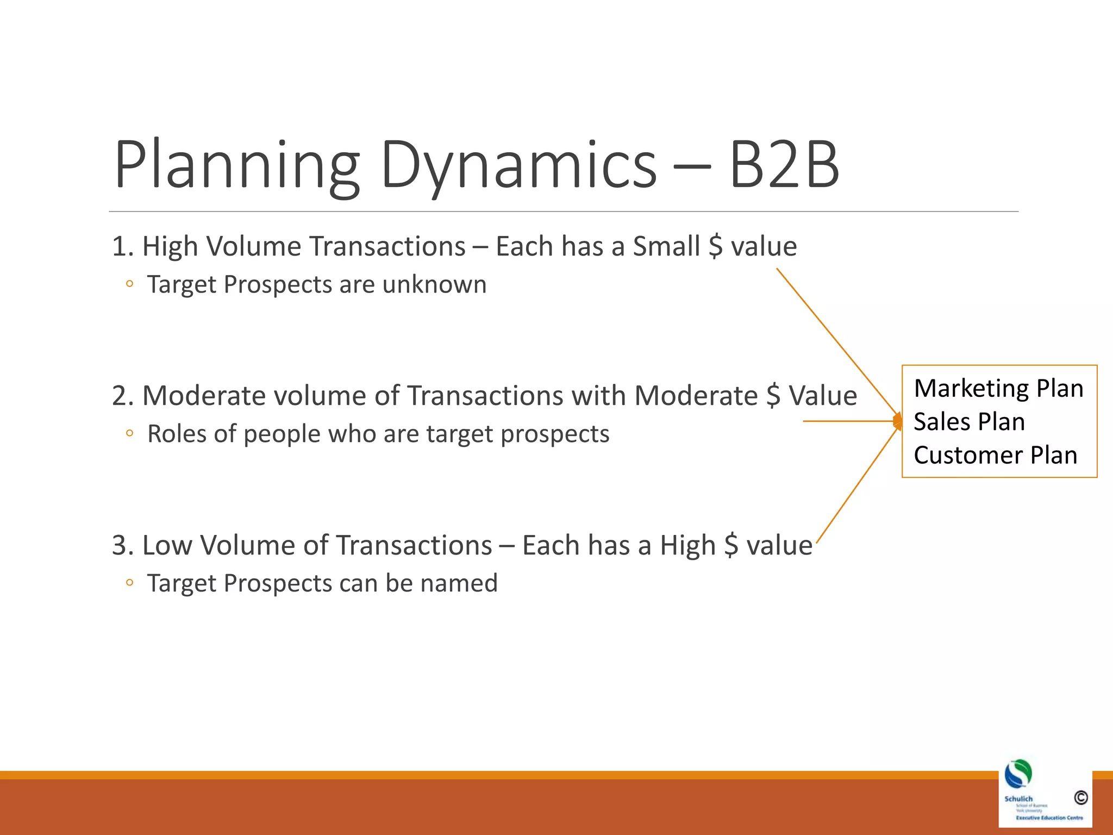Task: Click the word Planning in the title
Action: point(236,166)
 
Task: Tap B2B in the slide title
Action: point(784,166)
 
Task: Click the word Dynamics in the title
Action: point(519,166)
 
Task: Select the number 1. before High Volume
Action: point(123,246)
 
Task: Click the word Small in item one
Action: point(666,246)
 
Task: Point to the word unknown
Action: point(434,284)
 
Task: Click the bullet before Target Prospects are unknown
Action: point(129,284)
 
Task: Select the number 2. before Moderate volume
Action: point(123,396)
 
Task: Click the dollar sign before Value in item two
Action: point(773,396)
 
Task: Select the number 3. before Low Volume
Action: point(123,545)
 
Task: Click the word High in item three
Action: point(687,545)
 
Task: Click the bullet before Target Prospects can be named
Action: point(129,583)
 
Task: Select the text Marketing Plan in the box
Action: point(998,389)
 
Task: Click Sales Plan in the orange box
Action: point(969,422)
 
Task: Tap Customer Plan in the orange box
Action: point(995,456)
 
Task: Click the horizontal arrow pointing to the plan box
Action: point(848,421)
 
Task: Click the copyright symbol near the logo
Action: point(1080,797)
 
